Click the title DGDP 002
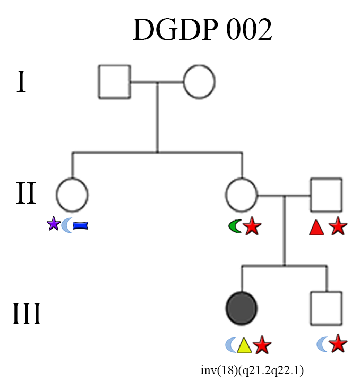(202, 30)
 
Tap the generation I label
(21, 82)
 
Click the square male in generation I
(114, 82)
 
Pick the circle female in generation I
(199, 82)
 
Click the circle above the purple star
(72, 194)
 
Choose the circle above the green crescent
(242, 194)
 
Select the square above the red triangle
(326, 194)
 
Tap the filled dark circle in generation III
(242, 308)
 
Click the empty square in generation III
(326, 308)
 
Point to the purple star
(53, 225)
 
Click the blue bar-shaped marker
(80, 226)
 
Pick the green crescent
(234, 227)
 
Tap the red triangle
(316, 228)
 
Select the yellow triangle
(244, 346)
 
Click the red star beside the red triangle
(338, 227)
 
